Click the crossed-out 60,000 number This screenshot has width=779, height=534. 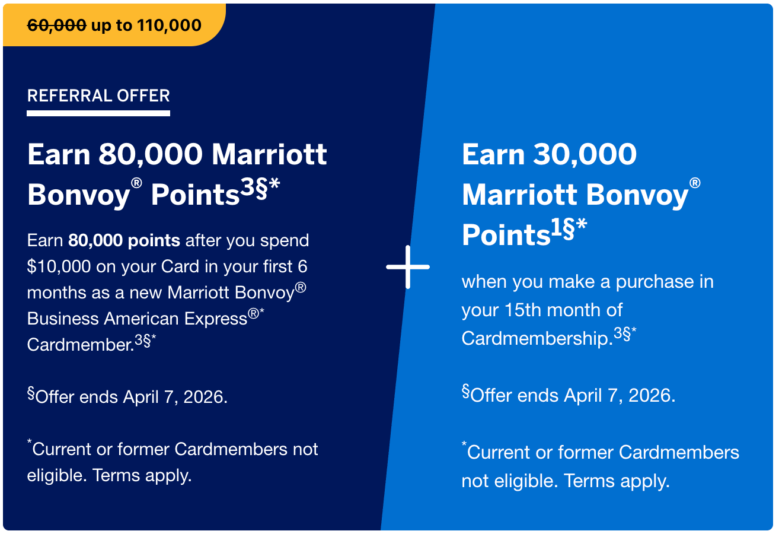tap(57, 26)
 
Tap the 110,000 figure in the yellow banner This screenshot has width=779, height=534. tap(170, 26)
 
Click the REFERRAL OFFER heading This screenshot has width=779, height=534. tap(98, 96)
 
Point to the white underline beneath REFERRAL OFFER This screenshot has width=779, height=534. tap(98, 113)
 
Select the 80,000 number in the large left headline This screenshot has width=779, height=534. tap(151, 154)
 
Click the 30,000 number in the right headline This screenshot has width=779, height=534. tap(585, 154)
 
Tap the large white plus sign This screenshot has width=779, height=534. tap(408, 267)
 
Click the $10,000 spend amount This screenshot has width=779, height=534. tap(59, 266)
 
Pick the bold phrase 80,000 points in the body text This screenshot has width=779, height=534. tap(124, 240)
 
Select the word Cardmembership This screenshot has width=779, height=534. tap(537, 338)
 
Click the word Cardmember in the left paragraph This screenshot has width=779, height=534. tap(81, 345)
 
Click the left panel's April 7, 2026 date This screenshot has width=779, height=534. tap(175, 397)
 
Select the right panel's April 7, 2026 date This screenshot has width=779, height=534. tap(620, 396)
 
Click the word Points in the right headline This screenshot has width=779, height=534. tap(506, 234)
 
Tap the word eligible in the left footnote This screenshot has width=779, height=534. tap(57, 475)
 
